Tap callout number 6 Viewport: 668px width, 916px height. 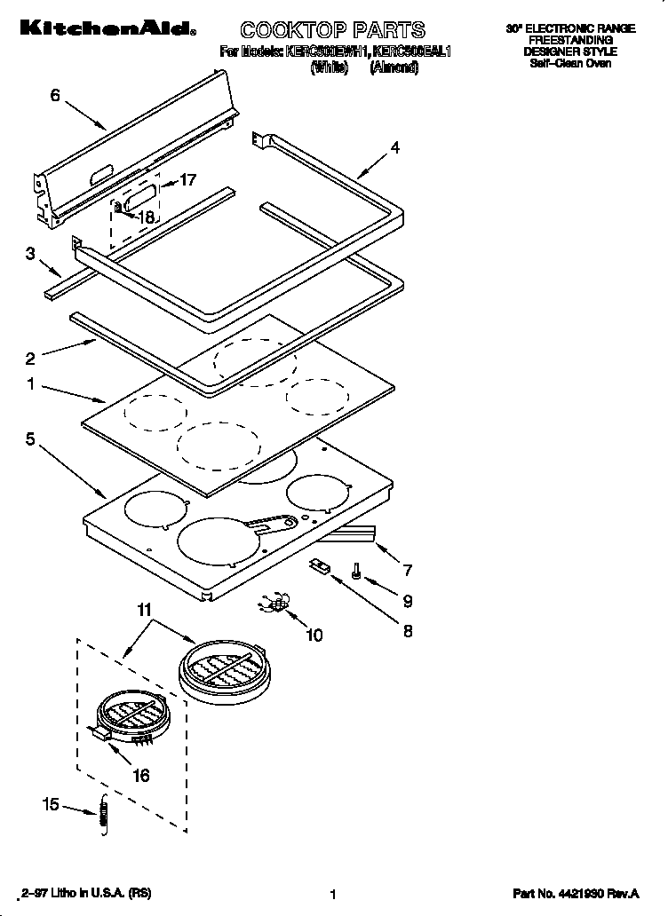click(x=55, y=95)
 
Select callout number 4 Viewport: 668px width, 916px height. click(x=394, y=148)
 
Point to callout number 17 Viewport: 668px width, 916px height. click(x=187, y=180)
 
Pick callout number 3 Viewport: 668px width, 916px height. click(x=30, y=254)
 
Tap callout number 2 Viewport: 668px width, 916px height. click(x=30, y=359)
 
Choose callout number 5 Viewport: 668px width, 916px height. click(x=30, y=438)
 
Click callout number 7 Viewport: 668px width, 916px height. click(x=407, y=569)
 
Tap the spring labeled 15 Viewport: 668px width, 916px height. click(x=103, y=816)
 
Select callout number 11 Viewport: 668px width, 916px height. click(x=144, y=610)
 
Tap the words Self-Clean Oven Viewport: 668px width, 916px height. click(x=570, y=64)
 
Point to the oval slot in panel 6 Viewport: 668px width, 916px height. click(x=100, y=170)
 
